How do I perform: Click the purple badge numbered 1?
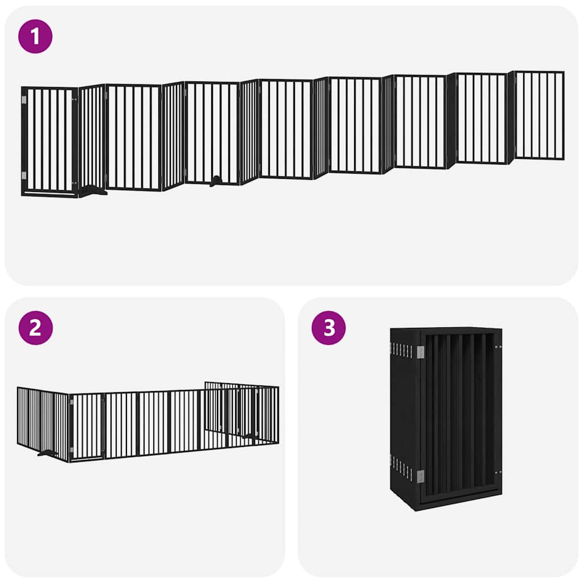pos(35,36)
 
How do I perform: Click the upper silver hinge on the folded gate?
pos(420,352)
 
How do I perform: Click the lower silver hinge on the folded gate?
pos(420,476)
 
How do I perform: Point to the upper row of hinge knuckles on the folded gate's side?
pos(402,350)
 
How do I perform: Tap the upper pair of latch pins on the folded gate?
pos(498,346)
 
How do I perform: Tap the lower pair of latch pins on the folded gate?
pos(498,472)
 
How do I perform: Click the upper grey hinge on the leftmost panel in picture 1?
pos(24,101)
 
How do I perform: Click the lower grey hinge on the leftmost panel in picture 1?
pos(24,175)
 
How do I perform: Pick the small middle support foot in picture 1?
pos(215,182)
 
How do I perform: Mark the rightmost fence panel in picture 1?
pos(539,115)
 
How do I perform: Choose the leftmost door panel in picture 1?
pos(50,141)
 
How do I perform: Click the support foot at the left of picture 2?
pos(47,453)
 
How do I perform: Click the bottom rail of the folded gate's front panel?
pos(458,499)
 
